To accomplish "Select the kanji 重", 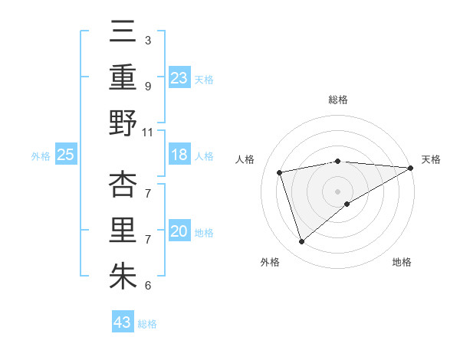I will (123, 79).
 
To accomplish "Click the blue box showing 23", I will (179, 78).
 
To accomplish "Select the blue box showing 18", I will (179, 155).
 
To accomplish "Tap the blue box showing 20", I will (179, 232).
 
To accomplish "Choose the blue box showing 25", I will (65, 155).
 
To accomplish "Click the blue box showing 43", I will (123, 322).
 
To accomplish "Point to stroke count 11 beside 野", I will (148, 132).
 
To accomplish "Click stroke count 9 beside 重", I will (147, 86).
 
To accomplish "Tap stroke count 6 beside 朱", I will (147, 286).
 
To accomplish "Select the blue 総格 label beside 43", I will (147, 324).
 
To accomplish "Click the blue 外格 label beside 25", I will (41, 156).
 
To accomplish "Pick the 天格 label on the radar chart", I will (431, 159).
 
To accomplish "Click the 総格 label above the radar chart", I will (337, 100).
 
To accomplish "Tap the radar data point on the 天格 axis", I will (411, 168).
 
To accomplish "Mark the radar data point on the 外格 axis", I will (301, 242).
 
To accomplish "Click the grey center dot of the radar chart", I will (337, 191).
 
